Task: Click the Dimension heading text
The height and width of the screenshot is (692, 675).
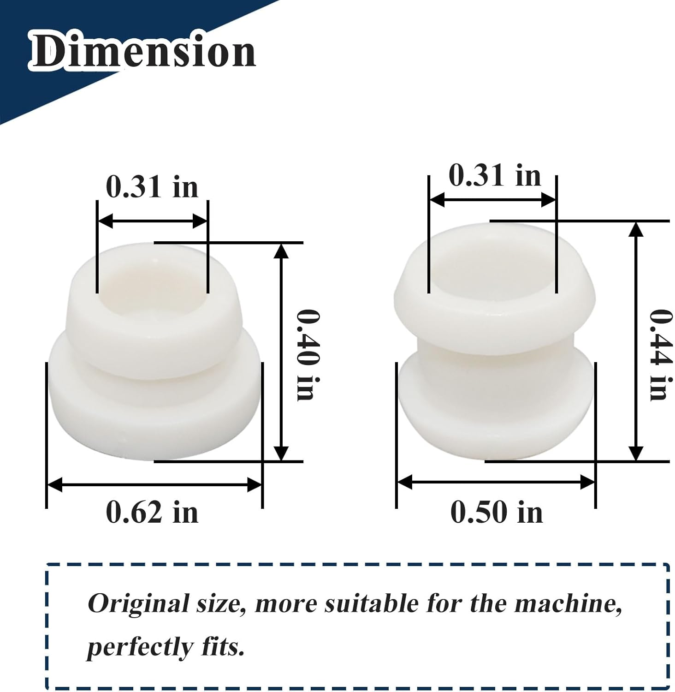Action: (143, 51)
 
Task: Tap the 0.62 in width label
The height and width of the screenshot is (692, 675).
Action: (152, 512)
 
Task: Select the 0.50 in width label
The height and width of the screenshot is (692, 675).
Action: (497, 512)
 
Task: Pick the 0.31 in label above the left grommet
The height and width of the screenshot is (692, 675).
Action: (152, 187)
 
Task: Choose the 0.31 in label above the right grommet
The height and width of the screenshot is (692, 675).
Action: (495, 176)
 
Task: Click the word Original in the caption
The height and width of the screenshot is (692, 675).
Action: (138, 604)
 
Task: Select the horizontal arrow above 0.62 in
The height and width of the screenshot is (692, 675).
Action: (155, 485)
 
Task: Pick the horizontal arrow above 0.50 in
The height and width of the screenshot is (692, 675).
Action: (496, 483)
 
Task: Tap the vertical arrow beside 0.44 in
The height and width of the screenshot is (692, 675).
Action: (636, 341)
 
